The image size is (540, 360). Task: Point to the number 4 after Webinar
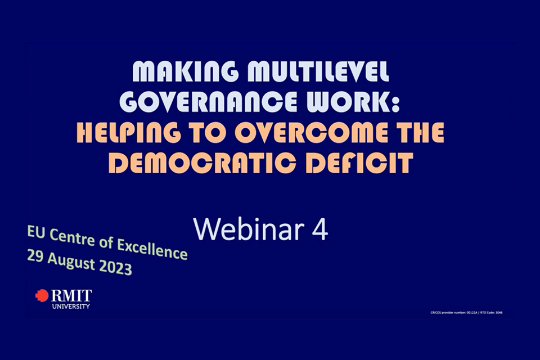[x=319, y=229]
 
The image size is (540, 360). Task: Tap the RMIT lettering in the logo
[x=71, y=295]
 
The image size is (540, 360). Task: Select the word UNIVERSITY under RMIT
[x=70, y=306]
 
